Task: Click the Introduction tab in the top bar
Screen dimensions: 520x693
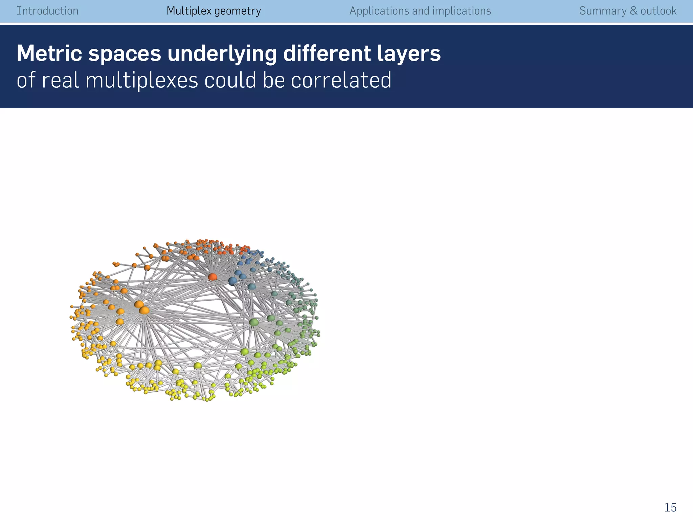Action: click(x=47, y=11)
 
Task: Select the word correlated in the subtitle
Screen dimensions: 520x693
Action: click(x=341, y=81)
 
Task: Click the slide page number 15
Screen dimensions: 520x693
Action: click(x=670, y=507)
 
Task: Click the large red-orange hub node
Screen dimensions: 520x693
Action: click(x=213, y=277)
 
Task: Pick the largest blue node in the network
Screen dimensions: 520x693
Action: click(x=232, y=281)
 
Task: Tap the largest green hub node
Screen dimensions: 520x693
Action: click(x=253, y=322)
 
